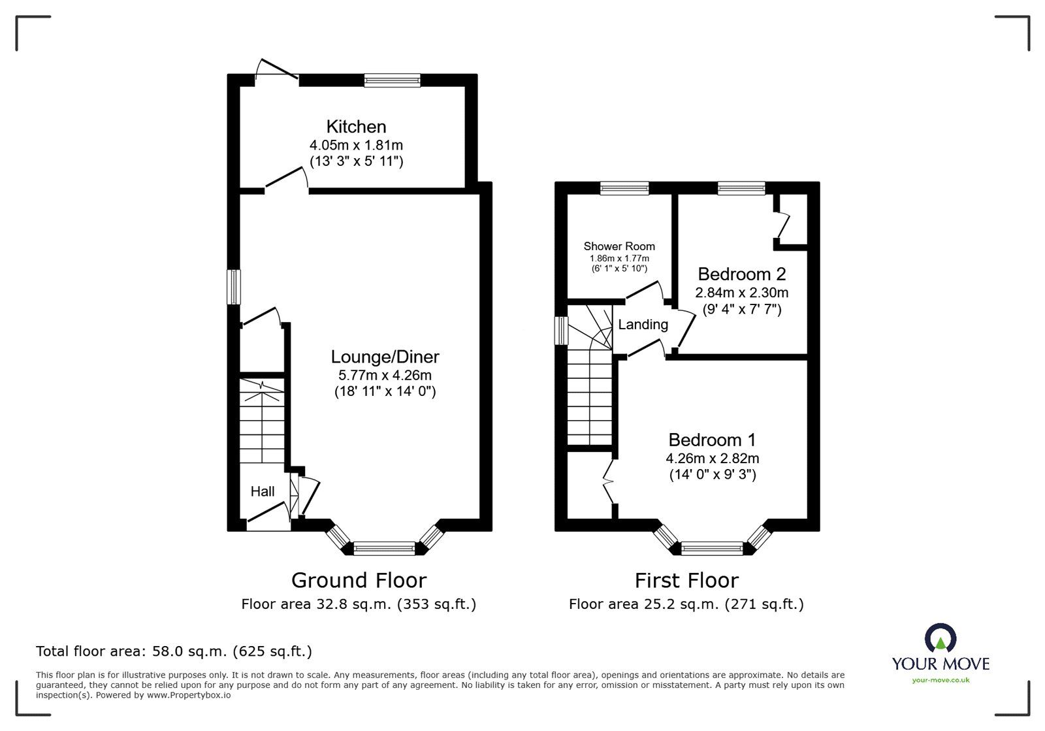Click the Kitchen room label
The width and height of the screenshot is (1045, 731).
[356, 126]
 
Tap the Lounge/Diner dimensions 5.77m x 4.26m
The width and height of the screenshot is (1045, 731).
[385, 375]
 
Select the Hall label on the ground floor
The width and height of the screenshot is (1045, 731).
[263, 491]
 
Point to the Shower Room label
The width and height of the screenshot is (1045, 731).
[619, 246]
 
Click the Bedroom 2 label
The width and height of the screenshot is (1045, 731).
[741, 274]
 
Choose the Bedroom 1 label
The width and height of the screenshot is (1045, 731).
[712, 440]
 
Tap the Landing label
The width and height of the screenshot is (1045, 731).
[643, 325]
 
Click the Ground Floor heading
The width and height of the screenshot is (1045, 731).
[359, 580]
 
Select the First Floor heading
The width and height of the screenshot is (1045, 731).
[686, 580]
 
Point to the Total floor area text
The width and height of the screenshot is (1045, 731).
[174, 651]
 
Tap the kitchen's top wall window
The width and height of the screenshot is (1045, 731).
[392, 80]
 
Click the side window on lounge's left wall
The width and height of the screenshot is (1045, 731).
[234, 287]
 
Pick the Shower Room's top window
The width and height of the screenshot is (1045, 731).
[624, 188]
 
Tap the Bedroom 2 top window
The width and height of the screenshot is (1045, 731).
[741, 188]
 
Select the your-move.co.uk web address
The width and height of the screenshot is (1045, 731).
[940, 680]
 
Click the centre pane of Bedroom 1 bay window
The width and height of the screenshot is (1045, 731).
[712, 549]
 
